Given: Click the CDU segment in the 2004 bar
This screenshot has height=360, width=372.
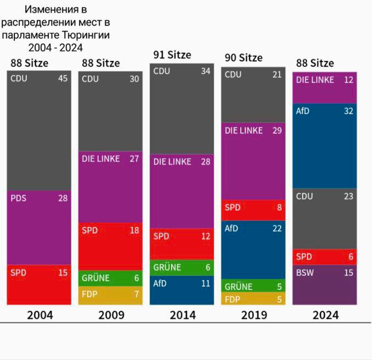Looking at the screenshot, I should coord(39,130).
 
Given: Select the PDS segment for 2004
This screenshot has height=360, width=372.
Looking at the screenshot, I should coord(39,227).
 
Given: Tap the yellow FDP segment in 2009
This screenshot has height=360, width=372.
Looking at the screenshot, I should coord(110,295).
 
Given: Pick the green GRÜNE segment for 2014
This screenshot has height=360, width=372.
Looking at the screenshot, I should coord(182,267).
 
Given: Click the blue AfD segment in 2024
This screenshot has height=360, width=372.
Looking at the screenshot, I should coord(325,146).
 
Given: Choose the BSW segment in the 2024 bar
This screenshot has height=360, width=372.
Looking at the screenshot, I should coord(325,285).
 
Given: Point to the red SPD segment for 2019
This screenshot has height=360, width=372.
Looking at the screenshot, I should coord(253,210).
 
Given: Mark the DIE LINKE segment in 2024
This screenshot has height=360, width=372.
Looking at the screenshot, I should coord(325,88).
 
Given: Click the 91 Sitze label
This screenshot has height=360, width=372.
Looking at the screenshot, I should coord(172,55).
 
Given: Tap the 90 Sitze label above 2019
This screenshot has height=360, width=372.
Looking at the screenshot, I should coord(244,58).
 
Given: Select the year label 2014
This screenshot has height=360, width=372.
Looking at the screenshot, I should coord(183,315).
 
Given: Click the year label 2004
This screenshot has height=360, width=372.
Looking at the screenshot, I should coord(40,315).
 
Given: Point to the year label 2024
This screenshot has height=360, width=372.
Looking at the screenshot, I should coord(326,315).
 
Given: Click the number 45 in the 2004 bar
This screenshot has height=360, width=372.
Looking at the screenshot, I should coord(63,79).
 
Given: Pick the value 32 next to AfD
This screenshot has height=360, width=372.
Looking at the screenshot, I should coord(348,111).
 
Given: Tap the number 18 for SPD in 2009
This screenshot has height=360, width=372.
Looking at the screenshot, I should coord(134,230).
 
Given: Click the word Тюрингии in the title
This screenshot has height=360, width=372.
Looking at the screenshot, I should coord(86,35).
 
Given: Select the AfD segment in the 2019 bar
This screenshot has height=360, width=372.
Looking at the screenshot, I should coord(253,250).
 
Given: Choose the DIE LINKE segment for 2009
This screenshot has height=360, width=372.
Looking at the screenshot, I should coord(110,187).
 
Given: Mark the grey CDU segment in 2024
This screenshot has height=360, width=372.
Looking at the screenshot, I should coord(325,219).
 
